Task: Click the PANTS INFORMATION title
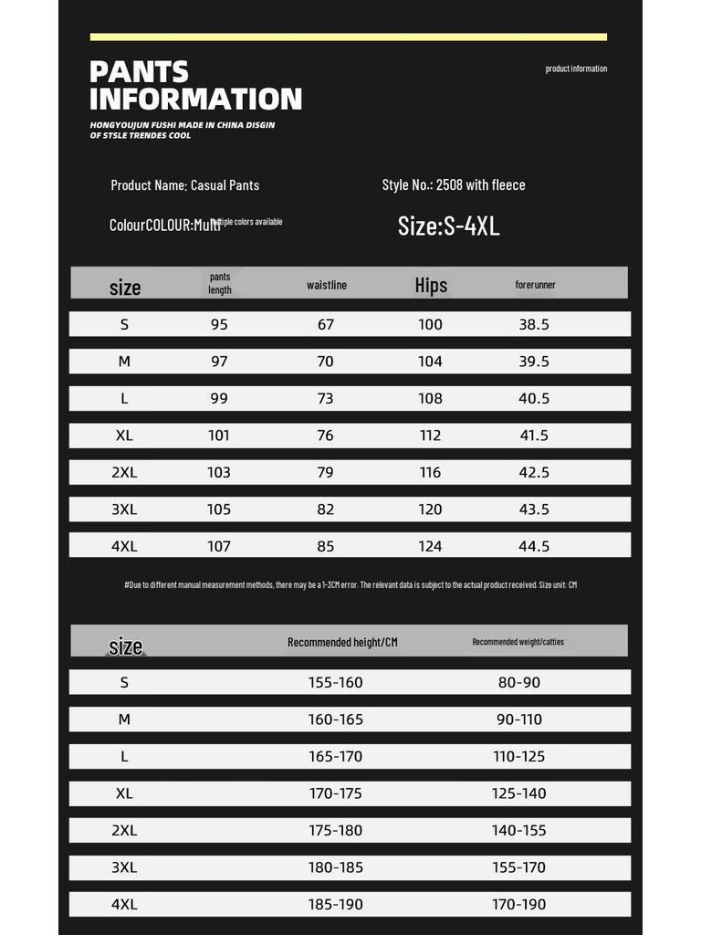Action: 195,85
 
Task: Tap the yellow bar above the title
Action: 348,37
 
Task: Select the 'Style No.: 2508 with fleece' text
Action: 454,184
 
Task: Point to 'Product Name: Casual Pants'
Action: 184,184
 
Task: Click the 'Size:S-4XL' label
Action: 448,226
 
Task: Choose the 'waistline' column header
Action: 327,285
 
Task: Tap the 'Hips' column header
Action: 431,285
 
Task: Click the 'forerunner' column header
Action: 535,285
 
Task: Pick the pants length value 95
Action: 219,324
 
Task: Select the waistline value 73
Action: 326,398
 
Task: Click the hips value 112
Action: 430,436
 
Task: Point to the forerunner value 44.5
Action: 534,546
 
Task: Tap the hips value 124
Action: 430,546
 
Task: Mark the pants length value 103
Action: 219,472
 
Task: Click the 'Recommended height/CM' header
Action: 342,642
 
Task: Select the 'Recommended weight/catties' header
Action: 518,642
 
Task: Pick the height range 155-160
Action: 336,682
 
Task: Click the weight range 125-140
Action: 518,793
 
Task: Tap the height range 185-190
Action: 336,904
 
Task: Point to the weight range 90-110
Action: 518,720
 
